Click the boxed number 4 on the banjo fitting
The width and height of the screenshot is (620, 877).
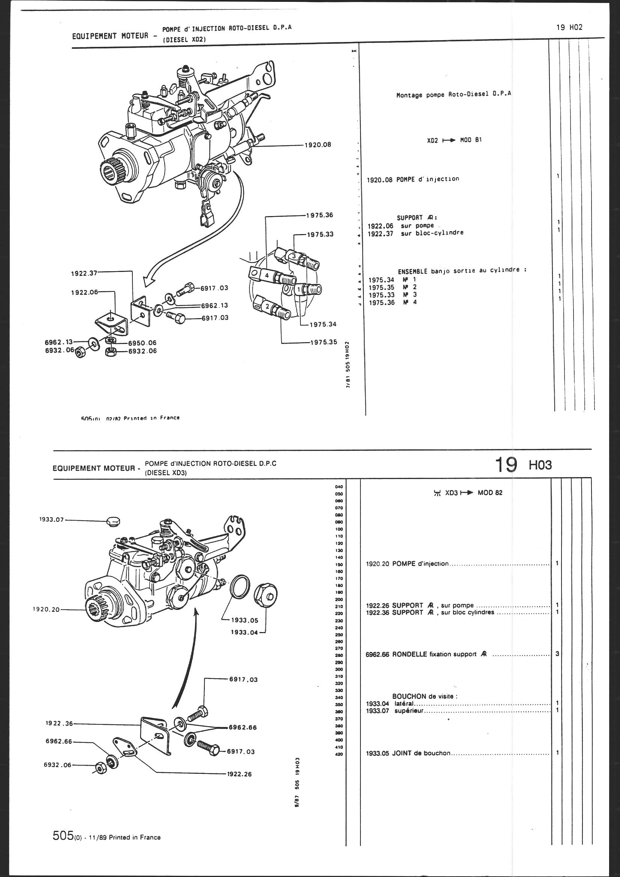click(267, 275)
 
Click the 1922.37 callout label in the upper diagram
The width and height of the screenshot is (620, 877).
click(84, 273)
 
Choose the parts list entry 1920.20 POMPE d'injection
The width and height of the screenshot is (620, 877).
click(407, 563)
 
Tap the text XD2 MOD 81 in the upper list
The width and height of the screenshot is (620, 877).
click(454, 140)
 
